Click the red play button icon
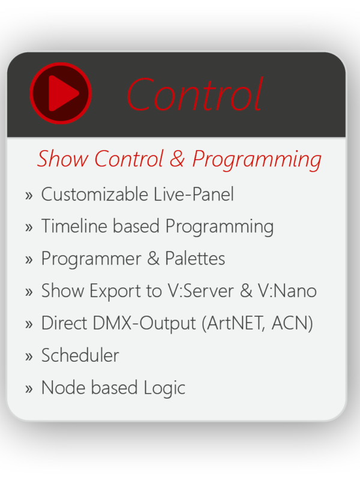61,93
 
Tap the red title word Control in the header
194,94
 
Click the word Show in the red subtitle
62,158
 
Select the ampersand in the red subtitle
177,159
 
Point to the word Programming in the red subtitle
257,160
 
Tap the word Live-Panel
193,194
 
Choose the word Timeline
74,226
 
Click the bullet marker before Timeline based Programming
29,227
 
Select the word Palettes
195,258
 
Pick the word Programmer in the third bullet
91,260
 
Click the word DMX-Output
144,323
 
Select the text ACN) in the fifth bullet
292,323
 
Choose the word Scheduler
80,355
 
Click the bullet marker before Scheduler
29,356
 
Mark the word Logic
164,388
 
